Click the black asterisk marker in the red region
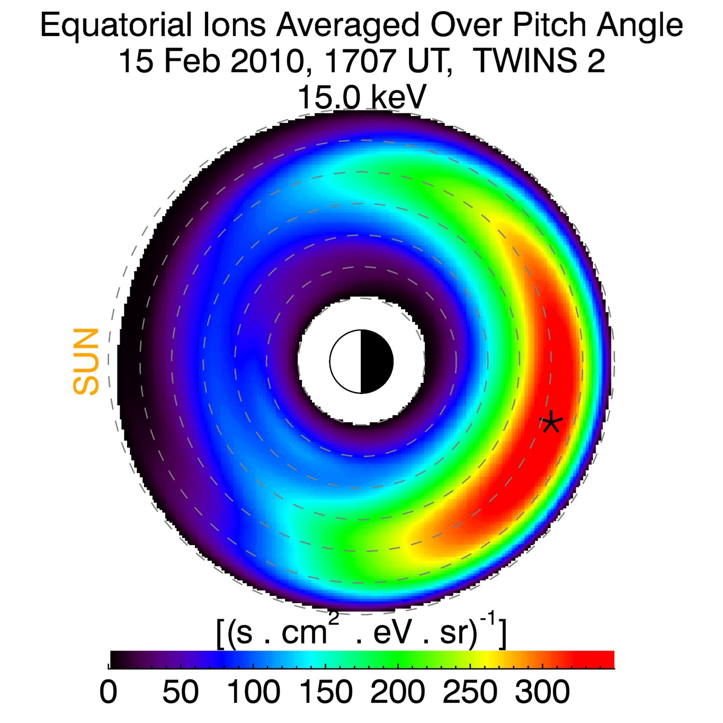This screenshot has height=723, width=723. [551, 422]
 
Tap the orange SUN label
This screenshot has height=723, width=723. [86, 362]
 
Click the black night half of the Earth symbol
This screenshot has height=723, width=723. [377, 362]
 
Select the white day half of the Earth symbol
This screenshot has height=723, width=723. [346, 362]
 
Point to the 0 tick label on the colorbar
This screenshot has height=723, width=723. [108, 692]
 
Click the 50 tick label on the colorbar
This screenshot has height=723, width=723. [180, 692]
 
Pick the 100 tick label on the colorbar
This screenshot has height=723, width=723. [253, 692]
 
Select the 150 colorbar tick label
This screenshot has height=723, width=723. [325, 692]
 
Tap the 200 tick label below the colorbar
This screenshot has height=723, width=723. [397, 692]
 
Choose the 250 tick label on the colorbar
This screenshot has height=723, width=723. [470, 692]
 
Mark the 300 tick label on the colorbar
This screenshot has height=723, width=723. [542, 692]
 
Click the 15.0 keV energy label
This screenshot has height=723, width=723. [362, 97]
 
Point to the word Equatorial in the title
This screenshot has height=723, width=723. [115, 25]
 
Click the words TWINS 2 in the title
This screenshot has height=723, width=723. [539, 61]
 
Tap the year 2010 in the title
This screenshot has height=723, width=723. [267, 61]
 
